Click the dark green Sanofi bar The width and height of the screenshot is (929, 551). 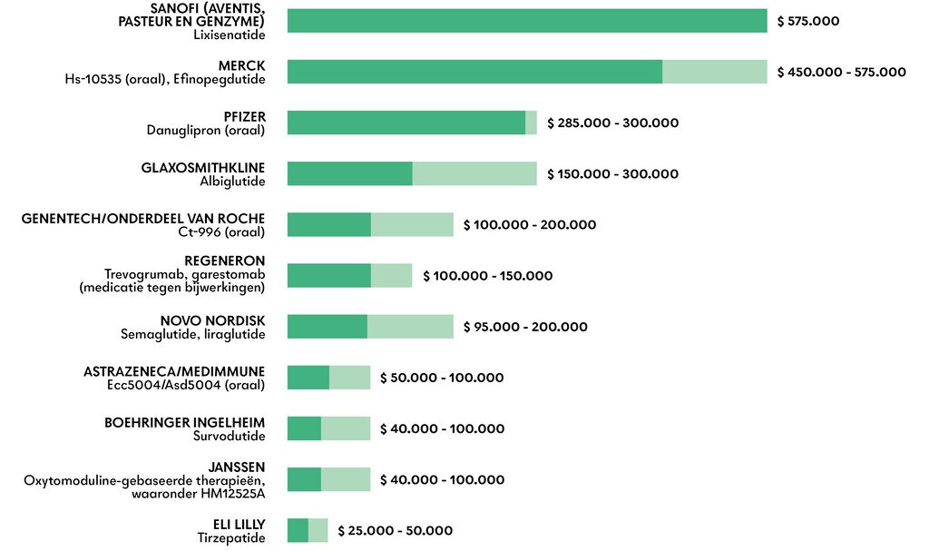click(x=526, y=21)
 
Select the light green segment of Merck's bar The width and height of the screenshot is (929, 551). click(x=714, y=72)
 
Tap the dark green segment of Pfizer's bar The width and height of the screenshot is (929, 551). click(x=406, y=123)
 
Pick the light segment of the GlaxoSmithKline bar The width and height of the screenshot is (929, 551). click(x=474, y=173)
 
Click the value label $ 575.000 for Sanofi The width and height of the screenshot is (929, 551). click(x=808, y=21)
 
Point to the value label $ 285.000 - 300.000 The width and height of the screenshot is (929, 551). click(x=612, y=123)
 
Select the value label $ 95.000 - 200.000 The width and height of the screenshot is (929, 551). click(x=525, y=327)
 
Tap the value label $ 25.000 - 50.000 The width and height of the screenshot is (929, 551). click(x=395, y=530)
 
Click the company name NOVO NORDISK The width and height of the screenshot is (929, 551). click(x=212, y=320)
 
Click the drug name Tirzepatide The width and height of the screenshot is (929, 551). click(x=231, y=538)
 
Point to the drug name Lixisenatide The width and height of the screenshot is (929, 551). click(x=229, y=35)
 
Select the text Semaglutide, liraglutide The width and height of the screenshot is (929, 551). click(x=192, y=335)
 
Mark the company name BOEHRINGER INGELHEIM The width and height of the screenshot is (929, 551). click(x=185, y=422)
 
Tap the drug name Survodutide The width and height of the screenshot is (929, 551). click(x=229, y=437)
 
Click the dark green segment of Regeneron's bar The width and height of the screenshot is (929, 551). click(x=328, y=275)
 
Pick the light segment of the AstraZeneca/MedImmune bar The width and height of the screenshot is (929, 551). click(x=349, y=378)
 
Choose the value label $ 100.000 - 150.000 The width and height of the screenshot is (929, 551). click(x=487, y=276)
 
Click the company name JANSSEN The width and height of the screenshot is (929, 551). click(x=237, y=467)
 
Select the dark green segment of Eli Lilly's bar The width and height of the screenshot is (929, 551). click(x=298, y=530)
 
